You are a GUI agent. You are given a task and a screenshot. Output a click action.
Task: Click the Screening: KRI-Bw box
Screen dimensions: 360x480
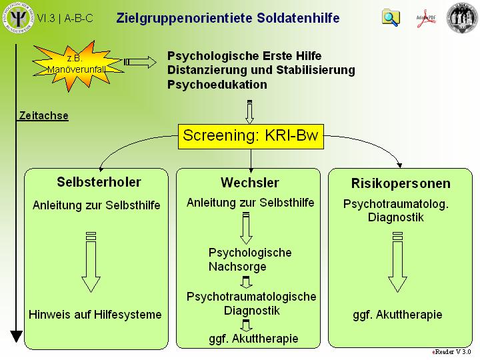tap(250, 137)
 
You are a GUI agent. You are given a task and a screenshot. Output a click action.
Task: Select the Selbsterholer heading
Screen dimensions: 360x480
tap(99, 182)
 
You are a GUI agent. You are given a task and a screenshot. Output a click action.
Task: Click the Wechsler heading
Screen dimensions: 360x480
tap(249, 183)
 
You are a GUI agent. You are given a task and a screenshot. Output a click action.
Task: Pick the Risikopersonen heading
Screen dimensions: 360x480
tap(401, 183)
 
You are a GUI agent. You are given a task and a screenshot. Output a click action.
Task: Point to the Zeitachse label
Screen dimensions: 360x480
tap(43, 115)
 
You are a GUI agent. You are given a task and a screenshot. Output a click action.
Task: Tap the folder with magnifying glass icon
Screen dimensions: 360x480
tap(391, 17)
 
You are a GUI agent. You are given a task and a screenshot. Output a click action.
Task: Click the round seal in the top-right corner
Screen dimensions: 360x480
tap(462, 17)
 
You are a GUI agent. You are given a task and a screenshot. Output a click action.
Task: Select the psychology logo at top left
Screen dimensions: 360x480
tap(18, 17)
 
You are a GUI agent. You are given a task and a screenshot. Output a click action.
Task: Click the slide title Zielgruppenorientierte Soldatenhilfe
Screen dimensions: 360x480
tap(227, 18)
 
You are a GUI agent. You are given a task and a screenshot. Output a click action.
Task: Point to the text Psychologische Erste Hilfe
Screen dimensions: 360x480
tap(244, 56)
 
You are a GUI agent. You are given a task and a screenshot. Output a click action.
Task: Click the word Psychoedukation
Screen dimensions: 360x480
tap(217, 85)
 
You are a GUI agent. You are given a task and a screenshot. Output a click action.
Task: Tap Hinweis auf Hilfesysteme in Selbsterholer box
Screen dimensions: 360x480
tap(95, 315)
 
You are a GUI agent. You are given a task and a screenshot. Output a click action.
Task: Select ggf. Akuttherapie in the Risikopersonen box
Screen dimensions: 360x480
tap(397, 315)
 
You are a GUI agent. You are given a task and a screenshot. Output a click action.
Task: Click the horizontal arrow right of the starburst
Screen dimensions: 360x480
tap(140, 62)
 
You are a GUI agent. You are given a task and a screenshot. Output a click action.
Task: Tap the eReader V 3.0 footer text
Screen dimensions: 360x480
tap(451, 351)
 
